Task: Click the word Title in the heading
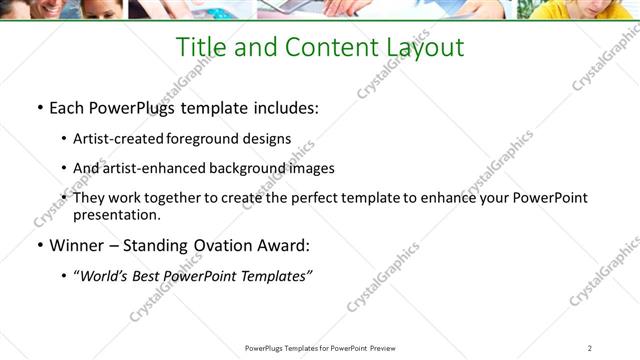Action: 202,48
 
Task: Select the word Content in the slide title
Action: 327,48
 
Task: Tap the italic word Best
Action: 148,275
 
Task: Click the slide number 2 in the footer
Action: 590,348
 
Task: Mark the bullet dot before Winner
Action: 39,246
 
